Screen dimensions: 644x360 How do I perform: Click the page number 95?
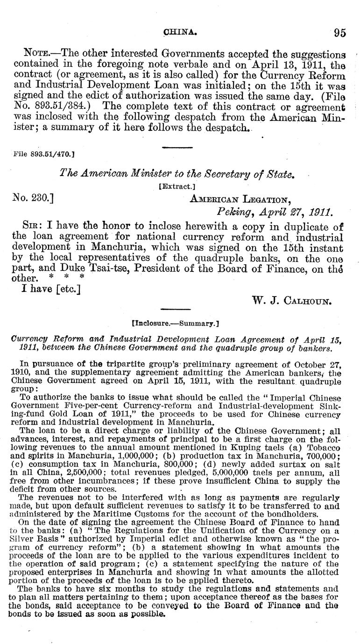339,33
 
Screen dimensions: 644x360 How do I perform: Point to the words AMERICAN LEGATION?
240,199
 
